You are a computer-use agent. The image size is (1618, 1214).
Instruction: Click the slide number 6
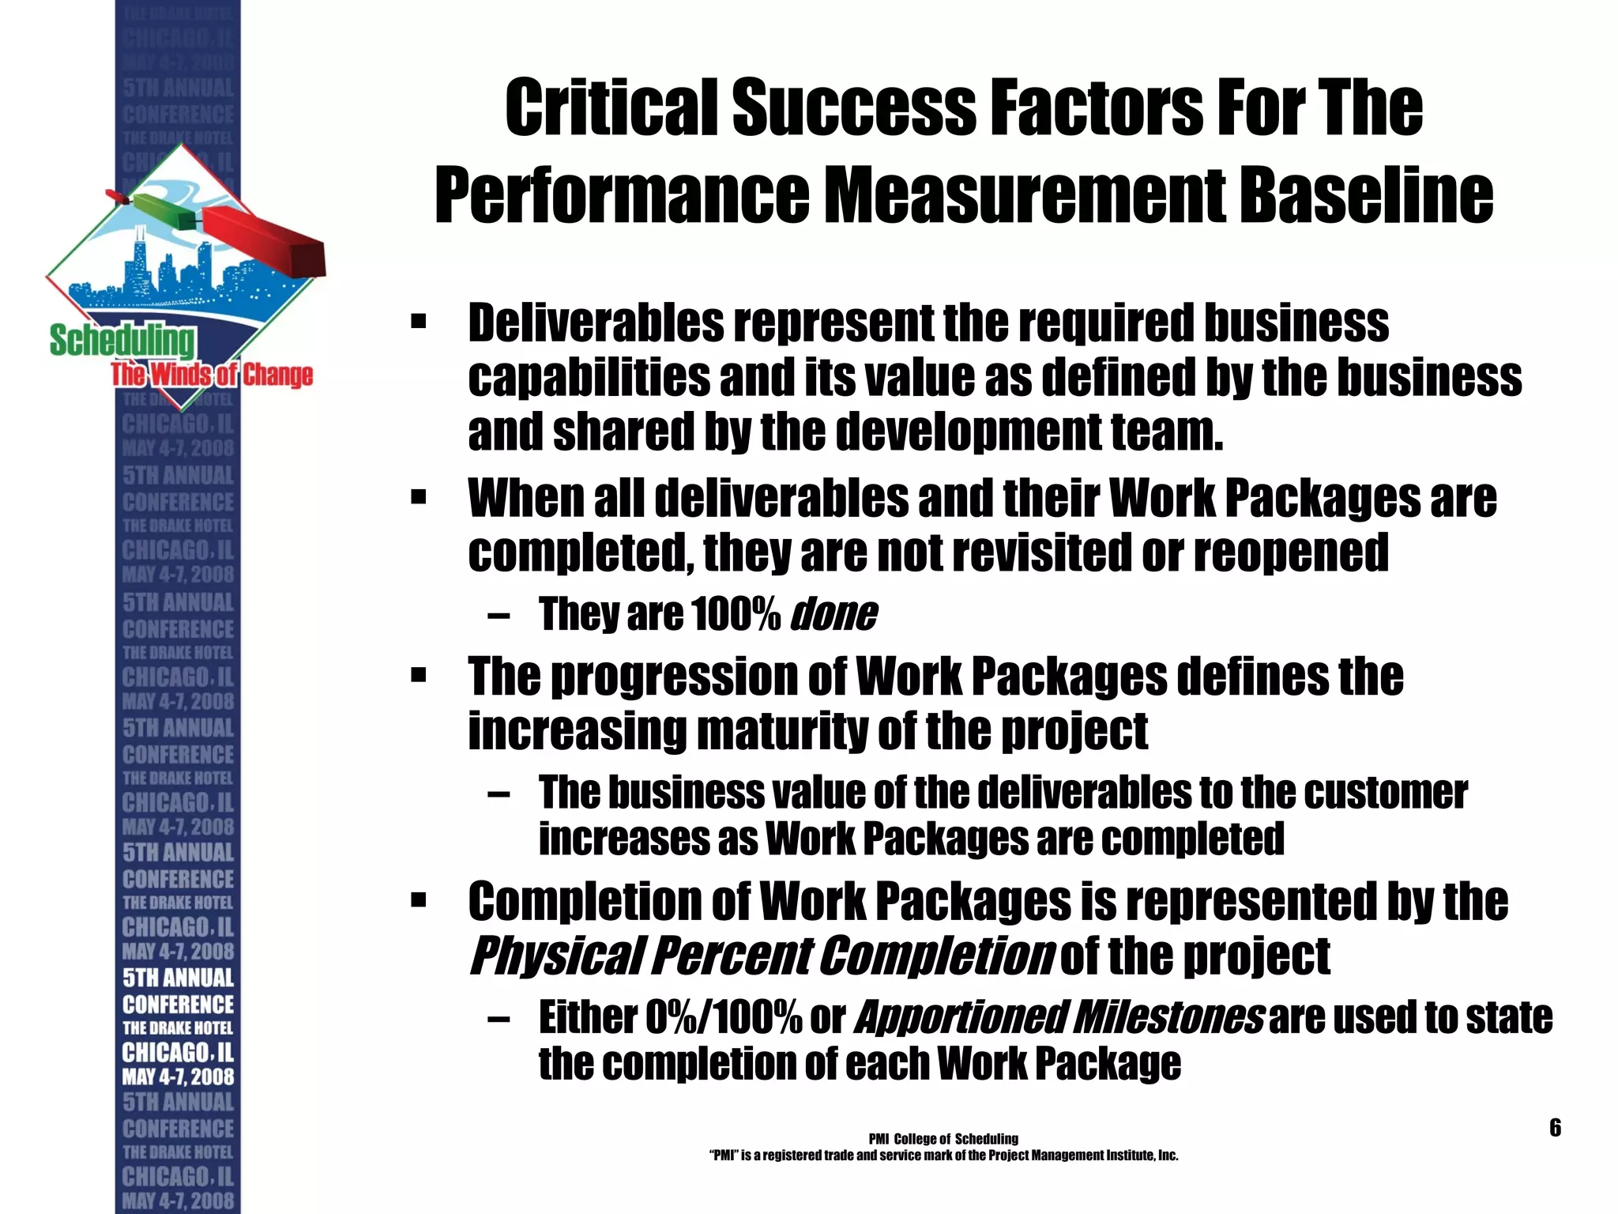point(1555,1127)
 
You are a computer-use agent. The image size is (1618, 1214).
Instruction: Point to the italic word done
point(833,614)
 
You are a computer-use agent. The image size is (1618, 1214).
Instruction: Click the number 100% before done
point(735,614)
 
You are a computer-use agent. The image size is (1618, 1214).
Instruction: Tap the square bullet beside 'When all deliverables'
point(419,499)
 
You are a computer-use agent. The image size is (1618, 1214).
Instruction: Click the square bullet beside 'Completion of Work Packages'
point(419,900)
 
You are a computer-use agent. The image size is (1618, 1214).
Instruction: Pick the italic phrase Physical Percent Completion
point(761,956)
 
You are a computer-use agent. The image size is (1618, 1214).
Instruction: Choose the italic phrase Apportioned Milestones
point(1059,1017)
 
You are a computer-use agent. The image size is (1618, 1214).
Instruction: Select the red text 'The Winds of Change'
point(212,375)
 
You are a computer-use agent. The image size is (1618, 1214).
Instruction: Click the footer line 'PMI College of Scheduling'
point(943,1139)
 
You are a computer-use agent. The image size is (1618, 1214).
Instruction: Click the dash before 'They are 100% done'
point(499,616)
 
